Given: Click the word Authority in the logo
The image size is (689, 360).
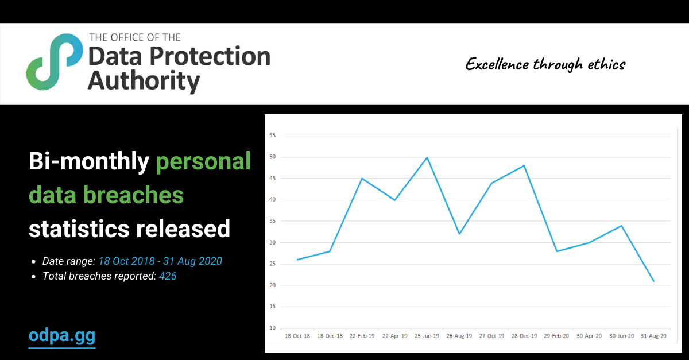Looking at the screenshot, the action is (144, 81).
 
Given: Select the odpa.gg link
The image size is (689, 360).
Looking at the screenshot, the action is (62, 335).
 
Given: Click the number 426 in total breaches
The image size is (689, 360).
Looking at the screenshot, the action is (168, 276).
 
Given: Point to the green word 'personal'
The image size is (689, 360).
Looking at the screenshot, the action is (203, 162).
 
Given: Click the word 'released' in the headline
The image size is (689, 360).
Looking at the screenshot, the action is (183, 229).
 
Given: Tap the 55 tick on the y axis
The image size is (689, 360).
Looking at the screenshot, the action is (273, 136).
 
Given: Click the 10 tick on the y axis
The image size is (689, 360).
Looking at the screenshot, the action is (273, 328).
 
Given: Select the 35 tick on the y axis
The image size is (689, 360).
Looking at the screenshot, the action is (273, 221).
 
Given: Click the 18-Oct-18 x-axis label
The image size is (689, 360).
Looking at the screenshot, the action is (297, 336).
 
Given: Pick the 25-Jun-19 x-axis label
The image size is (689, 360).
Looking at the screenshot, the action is (427, 336).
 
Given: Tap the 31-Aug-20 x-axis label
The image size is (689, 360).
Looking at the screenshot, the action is (653, 336).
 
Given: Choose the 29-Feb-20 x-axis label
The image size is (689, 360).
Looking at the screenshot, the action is (556, 336).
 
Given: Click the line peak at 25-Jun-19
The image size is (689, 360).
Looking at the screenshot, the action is (427, 157).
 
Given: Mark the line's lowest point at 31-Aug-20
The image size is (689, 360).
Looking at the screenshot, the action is (653, 281).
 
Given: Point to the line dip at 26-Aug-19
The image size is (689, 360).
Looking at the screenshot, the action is (459, 234).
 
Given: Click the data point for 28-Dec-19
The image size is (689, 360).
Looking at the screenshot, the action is (524, 166).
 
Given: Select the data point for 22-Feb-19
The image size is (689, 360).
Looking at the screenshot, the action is (362, 179).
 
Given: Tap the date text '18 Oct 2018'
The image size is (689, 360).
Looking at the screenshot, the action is (126, 261).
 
